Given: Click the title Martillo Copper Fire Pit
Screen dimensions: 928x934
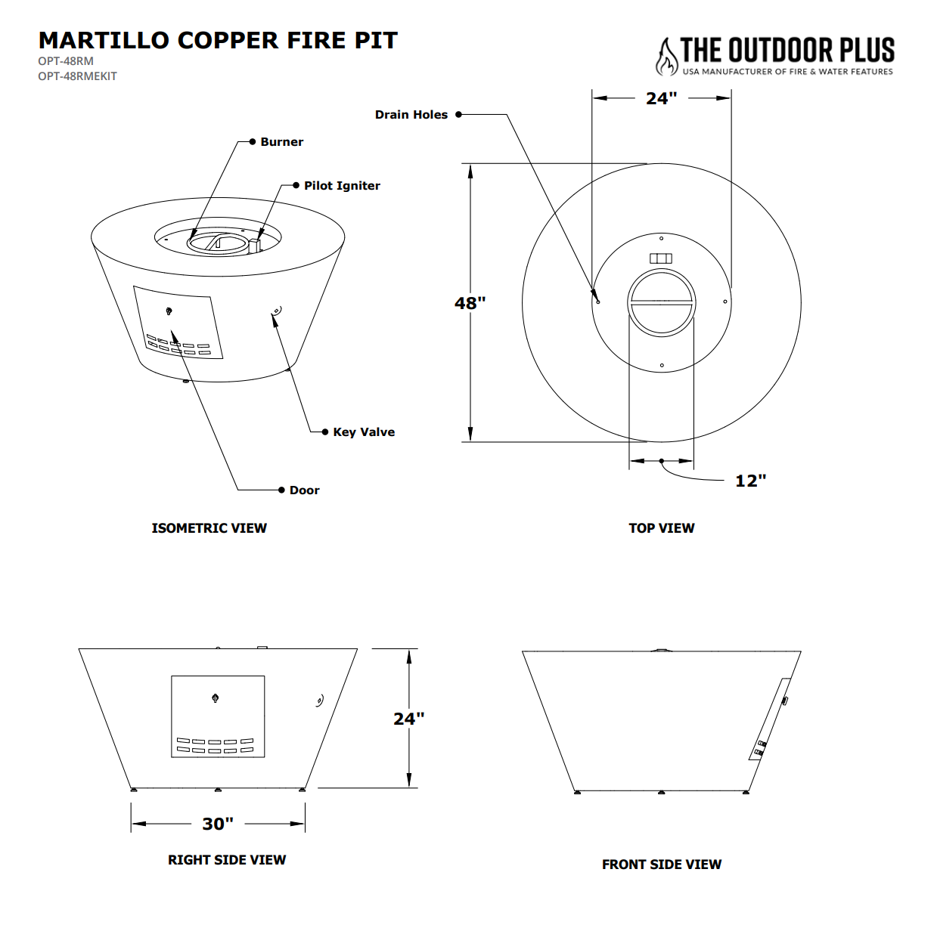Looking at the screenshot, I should tap(218, 40).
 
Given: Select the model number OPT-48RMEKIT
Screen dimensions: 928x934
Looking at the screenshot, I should tap(77, 76).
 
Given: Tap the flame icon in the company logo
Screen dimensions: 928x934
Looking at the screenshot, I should tap(666, 57).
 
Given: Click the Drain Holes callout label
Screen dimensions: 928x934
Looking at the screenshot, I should tap(411, 115).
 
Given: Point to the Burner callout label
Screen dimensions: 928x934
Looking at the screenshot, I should tap(281, 142).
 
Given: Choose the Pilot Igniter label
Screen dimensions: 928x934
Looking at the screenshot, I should tap(342, 186).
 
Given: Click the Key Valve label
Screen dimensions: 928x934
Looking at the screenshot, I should tap(364, 432).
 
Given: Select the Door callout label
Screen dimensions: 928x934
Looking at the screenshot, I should tap(304, 490).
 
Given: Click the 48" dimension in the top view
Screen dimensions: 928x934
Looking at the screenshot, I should tap(470, 303).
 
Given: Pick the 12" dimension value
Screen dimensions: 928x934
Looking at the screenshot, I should tap(750, 481).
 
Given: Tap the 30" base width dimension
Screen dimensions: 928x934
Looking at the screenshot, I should tap(218, 824).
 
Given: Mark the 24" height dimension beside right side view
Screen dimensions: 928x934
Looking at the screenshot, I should tap(408, 719).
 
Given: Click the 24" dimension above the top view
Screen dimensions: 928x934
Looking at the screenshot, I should tap(661, 98).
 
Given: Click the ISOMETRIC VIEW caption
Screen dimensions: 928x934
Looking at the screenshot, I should tap(209, 528).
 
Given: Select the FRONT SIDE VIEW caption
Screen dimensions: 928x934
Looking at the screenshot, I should tap(661, 865).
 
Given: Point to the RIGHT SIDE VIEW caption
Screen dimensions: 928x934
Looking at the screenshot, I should tap(227, 860).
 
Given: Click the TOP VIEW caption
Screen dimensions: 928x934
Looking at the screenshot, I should tap(661, 528).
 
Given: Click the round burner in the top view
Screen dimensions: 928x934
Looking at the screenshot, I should tap(661, 302).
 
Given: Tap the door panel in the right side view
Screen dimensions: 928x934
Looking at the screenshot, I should tap(218, 716).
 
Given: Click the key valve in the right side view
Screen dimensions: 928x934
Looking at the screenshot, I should tap(320, 701).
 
